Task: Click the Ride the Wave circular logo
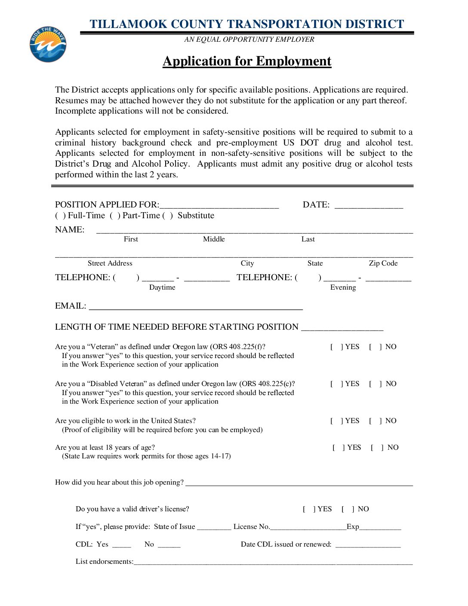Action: pos(48,44)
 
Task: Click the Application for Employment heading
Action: pos(247,61)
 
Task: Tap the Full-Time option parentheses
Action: pos(60,216)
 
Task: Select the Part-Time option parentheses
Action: pos(115,216)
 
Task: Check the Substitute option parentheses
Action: pos(168,216)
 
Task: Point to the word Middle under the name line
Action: pos(214,239)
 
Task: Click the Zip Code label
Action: pos(383,263)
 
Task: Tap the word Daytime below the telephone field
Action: pos(162,288)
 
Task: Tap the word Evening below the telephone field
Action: pos(343,288)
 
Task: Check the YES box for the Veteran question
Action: pos(336,347)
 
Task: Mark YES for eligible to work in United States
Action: pos(336,421)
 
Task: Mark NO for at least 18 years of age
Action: pos(377,448)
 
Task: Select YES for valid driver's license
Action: pos(309,509)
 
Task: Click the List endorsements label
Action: pos(105,562)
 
